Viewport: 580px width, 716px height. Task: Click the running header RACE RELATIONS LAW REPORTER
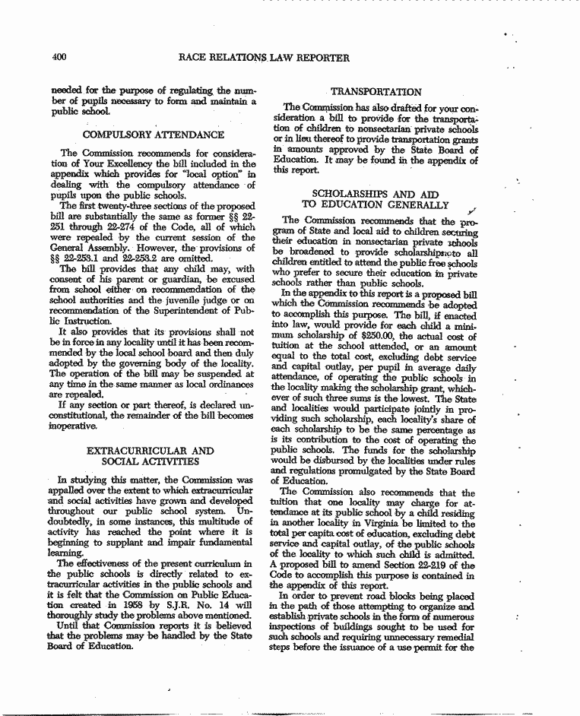[263, 57]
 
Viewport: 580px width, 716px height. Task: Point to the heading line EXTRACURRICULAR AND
[151, 451]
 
